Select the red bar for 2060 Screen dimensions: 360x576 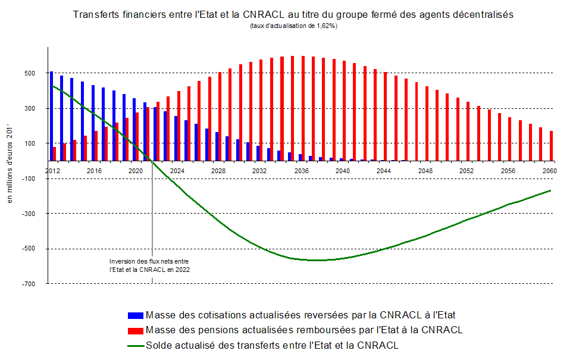click(x=552, y=146)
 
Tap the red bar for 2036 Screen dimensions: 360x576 click(x=303, y=108)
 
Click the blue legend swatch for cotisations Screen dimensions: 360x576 click(x=135, y=315)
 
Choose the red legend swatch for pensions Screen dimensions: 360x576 click(x=135, y=330)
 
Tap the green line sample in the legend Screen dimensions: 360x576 click(x=135, y=345)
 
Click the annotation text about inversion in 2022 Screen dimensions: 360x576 click(x=149, y=265)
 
